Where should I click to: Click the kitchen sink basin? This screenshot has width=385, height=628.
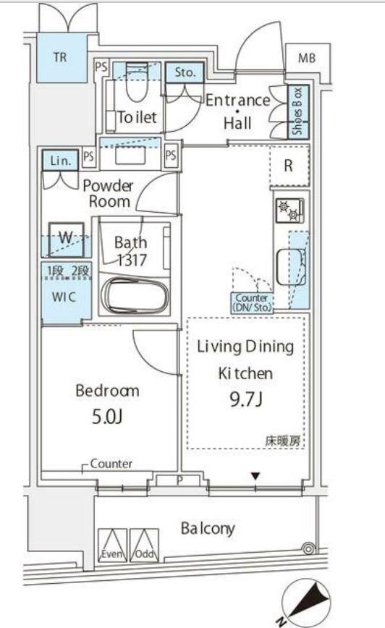(292, 267)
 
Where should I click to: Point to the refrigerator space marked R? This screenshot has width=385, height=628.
(289, 166)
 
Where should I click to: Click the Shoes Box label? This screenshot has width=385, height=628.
(298, 111)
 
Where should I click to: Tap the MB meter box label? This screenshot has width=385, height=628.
(307, 59)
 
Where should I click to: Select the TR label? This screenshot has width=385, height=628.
(60, 57)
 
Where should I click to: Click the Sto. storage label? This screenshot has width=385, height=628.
(185, 72)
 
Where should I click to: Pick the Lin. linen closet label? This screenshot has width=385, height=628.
(60, 161)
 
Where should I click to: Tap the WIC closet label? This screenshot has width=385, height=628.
(64, 297)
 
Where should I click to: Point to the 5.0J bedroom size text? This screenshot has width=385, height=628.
(107, 417)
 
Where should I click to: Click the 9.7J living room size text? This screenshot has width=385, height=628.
(246, 399)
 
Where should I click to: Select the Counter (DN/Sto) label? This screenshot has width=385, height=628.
(252, 303)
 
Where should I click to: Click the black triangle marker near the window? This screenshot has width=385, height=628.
(255, 476)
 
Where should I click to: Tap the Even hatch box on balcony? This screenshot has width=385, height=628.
(113, 545)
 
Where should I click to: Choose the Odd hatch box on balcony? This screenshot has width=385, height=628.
(144, 545)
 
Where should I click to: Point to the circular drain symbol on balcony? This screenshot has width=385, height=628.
(308, 548)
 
